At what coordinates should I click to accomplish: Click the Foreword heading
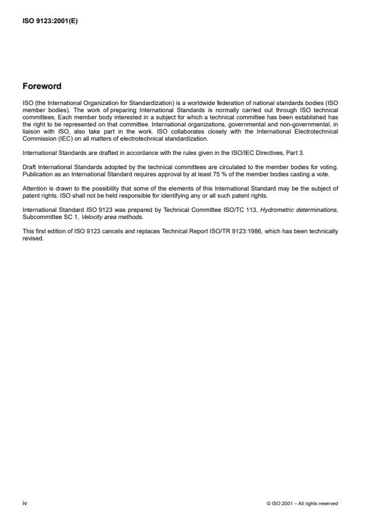[x=42, y=86]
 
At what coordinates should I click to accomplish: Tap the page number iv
[x=25, y=503]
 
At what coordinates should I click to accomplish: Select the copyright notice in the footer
[x=303, y=503]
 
